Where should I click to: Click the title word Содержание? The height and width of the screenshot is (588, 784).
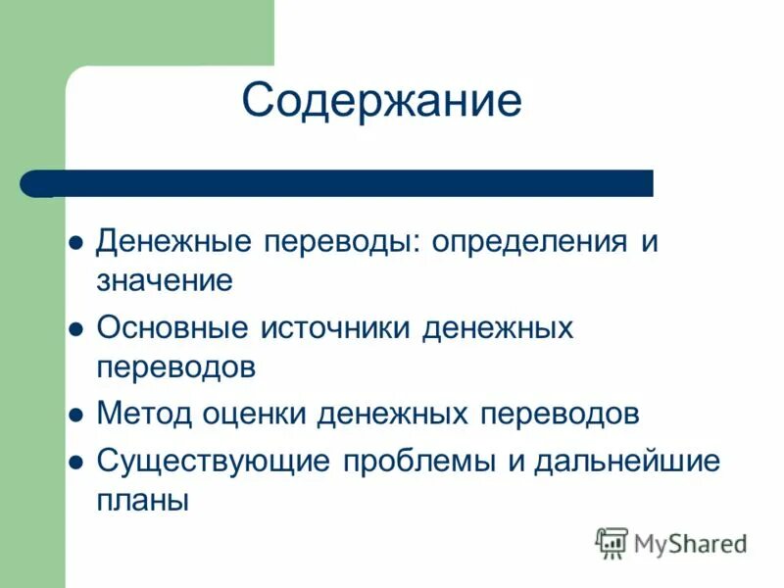tap(381, 101)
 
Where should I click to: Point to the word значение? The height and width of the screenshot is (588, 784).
tap(165, 281)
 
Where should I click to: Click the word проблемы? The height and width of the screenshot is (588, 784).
tap(420, 461)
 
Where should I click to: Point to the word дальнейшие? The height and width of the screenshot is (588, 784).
tap(627, 461)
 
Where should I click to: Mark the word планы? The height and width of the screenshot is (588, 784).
tap(142, 500)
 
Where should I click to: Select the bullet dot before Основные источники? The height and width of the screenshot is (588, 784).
tap(74, 330)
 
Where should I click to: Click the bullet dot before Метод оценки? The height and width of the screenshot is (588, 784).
tap(74, 416)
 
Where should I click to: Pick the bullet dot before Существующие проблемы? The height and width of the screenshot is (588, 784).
tap(74, 462)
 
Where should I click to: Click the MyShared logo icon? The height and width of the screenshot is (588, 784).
tap(612, 542)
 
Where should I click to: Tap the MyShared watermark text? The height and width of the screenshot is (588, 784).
tap(690, 542)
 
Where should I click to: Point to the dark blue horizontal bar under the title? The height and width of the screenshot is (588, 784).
tap(338, 183)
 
